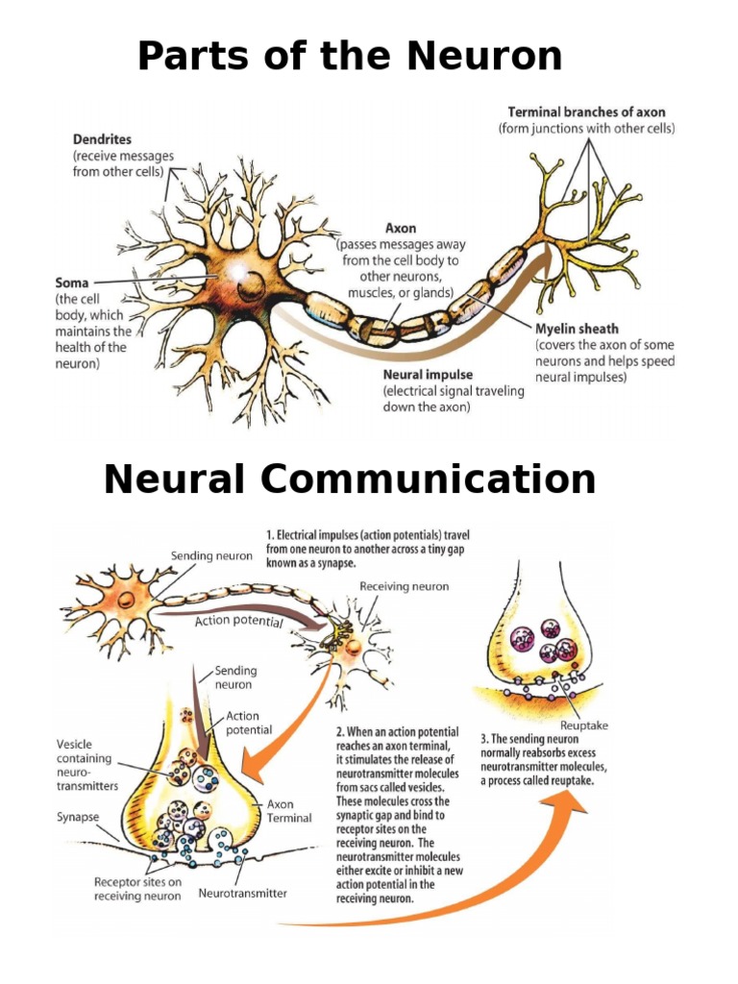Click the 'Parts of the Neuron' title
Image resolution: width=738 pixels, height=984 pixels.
[350, 56]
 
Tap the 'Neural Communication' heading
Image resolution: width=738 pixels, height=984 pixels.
[350, 479]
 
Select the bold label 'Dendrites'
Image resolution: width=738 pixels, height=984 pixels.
[102, 138]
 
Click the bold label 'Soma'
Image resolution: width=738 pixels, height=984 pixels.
[72, 283]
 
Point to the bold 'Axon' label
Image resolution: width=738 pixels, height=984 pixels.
[401, 229]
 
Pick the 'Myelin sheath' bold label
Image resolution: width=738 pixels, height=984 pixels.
[577, 329]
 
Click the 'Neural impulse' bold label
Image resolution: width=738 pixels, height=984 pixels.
[428, 375]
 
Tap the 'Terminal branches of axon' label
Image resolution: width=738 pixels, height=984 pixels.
[586, 112]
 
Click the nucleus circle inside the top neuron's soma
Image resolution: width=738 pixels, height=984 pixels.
[253, 286]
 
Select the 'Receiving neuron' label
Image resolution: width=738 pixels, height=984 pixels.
[404, 586]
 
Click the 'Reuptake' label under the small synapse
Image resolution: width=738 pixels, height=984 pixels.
[583, 726]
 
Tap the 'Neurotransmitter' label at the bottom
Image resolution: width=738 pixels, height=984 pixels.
[242, 893]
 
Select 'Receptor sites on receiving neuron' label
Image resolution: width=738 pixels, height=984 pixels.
[137, 889]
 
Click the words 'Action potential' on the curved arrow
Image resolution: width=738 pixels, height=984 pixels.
[238, 622]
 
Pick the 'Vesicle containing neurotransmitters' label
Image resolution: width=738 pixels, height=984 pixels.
[86, 765]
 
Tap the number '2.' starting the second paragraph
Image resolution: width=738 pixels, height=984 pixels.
[341, 732]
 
